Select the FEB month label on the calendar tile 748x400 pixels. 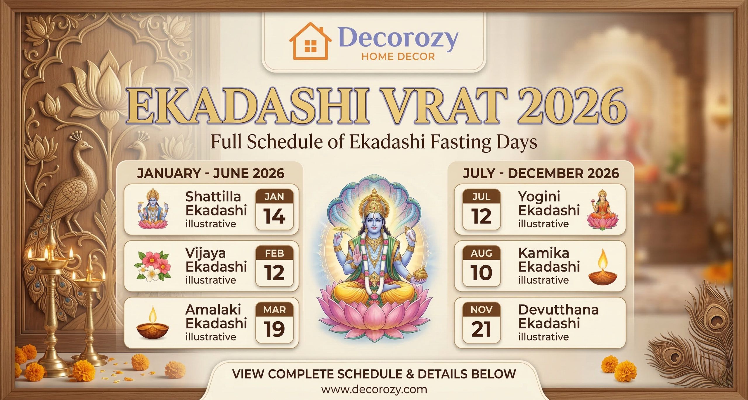click(274, 253)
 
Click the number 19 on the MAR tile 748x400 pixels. click(274, 329)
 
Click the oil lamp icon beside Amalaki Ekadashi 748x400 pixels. click(153, 323)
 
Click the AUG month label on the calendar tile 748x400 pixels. click(481, 253)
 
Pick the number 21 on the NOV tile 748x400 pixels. click(481, 329)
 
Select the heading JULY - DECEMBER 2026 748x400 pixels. click(541, 173)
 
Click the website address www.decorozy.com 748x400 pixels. click(374, 389)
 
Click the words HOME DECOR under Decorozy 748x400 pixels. click(398, 56)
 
